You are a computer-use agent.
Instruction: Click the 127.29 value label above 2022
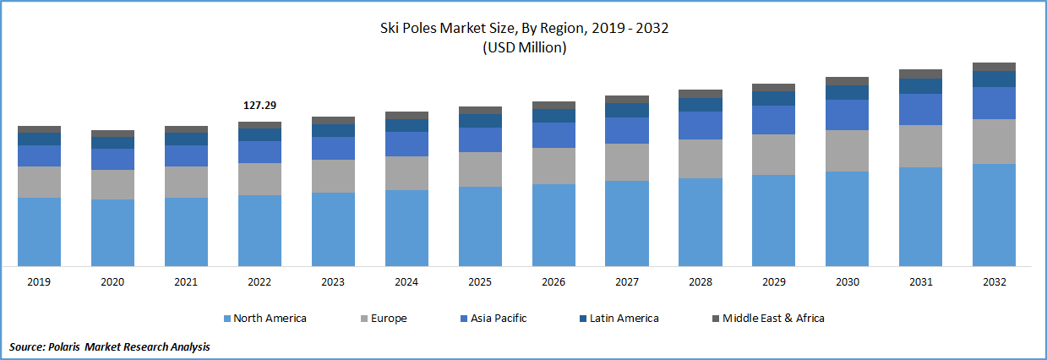tap(259, 106)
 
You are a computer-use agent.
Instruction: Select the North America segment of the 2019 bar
tap(39, 232)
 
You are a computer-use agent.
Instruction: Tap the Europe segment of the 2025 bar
tap(480, 169)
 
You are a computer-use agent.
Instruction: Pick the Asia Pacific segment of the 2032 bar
tap(994, 103)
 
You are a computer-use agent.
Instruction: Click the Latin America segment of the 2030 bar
tap(847, 92)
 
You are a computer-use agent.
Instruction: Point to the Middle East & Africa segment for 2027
tap(627, 99)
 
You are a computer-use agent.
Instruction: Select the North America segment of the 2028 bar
tap(701, 221)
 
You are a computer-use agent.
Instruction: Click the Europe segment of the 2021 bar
tap(186, 182)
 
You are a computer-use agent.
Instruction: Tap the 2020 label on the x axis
tap(112, 282)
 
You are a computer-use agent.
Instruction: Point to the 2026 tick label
tap(553, 282)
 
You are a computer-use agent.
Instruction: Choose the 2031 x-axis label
tap(920, 282)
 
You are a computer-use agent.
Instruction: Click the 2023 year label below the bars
tap(333, 282)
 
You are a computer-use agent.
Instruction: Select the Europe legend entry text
tap(389, 319)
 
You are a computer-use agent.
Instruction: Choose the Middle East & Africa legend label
tap(773, 319)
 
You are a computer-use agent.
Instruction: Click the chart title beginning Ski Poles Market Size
tap(524, 29)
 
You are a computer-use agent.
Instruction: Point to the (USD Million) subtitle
tap(524, 47)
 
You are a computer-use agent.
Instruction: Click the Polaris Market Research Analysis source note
tap(110, 346)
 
